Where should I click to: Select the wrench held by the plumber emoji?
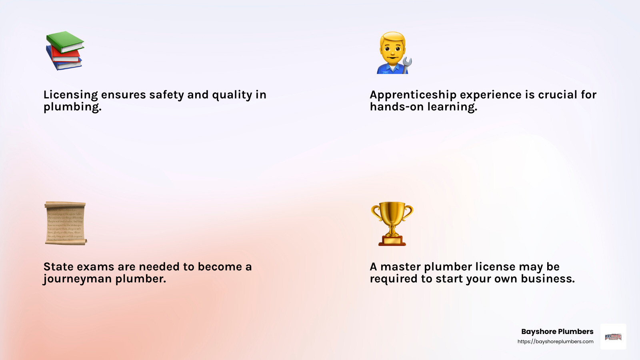(x=407, y=64)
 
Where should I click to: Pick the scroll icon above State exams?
(x=65, y=223)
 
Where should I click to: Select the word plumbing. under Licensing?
(x=72, y=107)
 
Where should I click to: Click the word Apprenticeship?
(x=413, y=95)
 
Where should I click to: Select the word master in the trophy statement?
(x=400, y=267)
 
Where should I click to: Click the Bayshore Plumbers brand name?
(x=557, y=332)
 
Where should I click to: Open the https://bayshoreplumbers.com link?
(x=555, y=342)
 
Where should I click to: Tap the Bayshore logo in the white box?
(x=613, y=337)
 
